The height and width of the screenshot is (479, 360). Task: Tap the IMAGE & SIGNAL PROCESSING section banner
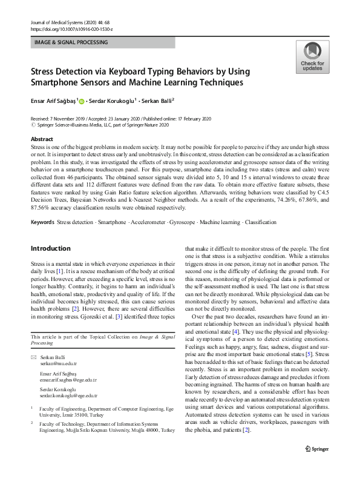point(70,42)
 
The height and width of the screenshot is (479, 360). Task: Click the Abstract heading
point(42,139)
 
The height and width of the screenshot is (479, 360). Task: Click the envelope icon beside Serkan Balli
point(33,358)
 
